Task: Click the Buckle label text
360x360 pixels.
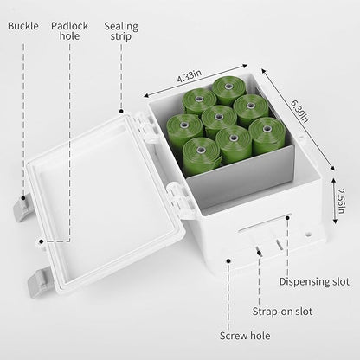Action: (23, 26)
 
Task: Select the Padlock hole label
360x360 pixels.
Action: (69, 31)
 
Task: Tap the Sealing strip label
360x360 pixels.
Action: (121, 31)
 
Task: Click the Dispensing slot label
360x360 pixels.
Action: (314, 281)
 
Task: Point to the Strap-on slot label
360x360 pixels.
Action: (282, 312)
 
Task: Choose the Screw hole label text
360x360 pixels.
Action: (245, 336)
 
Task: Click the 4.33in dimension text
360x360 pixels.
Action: (190, 76)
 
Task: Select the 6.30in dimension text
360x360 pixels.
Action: (299, 111)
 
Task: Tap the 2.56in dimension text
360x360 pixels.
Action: (341, 201)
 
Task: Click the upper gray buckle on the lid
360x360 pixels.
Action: (22, 207)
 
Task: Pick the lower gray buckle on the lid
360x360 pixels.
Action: (39, 282)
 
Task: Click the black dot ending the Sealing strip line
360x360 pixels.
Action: (121, 111)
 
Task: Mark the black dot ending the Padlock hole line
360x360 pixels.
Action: (42, 241)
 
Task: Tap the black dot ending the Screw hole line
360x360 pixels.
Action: (228, 260)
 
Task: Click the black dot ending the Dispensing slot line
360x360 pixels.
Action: (287, 218)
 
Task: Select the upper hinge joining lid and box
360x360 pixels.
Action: (146, 127)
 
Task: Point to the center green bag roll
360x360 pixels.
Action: (219, 119)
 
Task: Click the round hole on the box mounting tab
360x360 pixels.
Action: (309, 233)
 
